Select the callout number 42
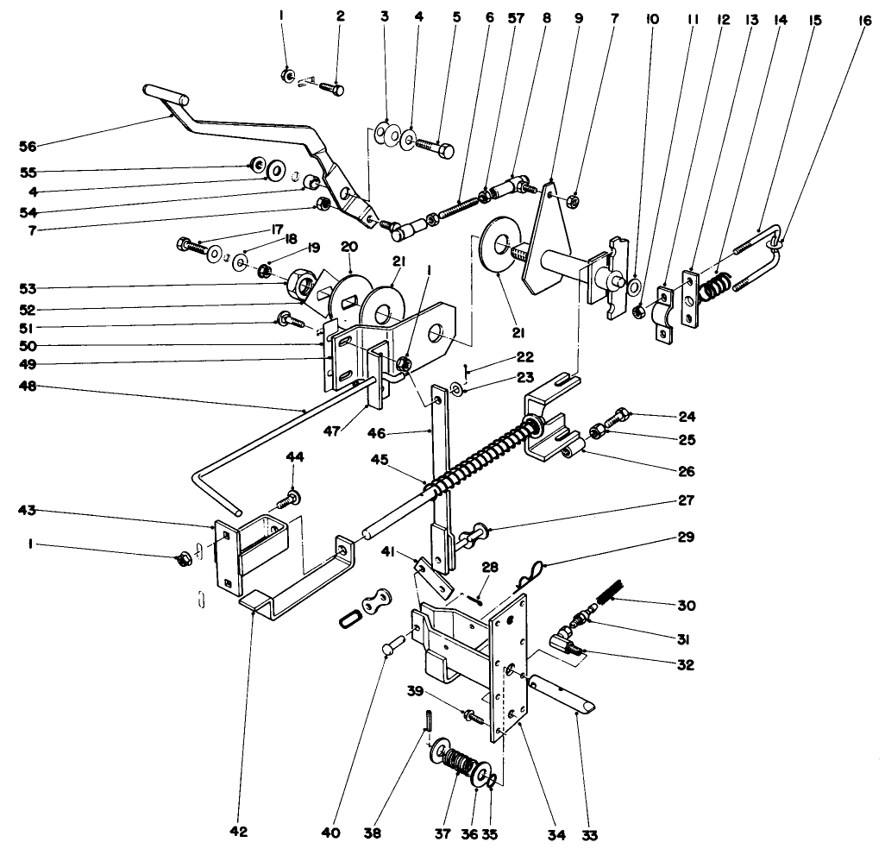tap(239, 833)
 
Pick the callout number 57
tap(518, 17)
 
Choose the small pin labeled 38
tap(427, 719)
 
